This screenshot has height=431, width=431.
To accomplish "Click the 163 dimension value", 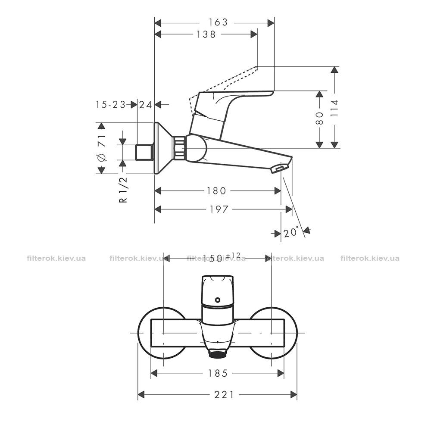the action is pyautogui.click(x=218, y=22).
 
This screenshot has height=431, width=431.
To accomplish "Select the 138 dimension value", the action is pyautogui.click(x=206, y=34).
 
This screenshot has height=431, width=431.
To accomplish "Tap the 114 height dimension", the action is pyautogui.click(x=334, y=108).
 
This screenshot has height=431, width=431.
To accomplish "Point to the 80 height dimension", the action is pyautogui.click(x=319, y=118).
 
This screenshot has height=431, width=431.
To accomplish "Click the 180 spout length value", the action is pyautogui.click(x=216, y=191).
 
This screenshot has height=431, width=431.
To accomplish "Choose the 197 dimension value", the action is pyautogui.click(x=219, y=209).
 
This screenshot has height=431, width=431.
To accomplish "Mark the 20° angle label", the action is pyautogui.click(x=291, y=232).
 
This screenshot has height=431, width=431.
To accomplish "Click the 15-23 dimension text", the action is pyautogui.click(x=110, y=104).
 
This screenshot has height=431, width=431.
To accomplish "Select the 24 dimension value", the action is pyautogui.click(x=145, y=105).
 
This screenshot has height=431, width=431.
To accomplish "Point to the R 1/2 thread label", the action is pyautogui.click(x=124, y=190).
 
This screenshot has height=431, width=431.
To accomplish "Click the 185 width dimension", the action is pyautogui.click(x=217, y=373).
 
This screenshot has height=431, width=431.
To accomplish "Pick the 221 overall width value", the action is pyautogui.click(x=224, y=395).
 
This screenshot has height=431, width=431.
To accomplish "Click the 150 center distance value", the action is pyautogui.click(x=212, y=258).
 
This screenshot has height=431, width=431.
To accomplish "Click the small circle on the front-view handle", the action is pyautogui.click(x=218, y=300).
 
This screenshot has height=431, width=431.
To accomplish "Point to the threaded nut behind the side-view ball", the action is pyautogui.click(x=179, y=147).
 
